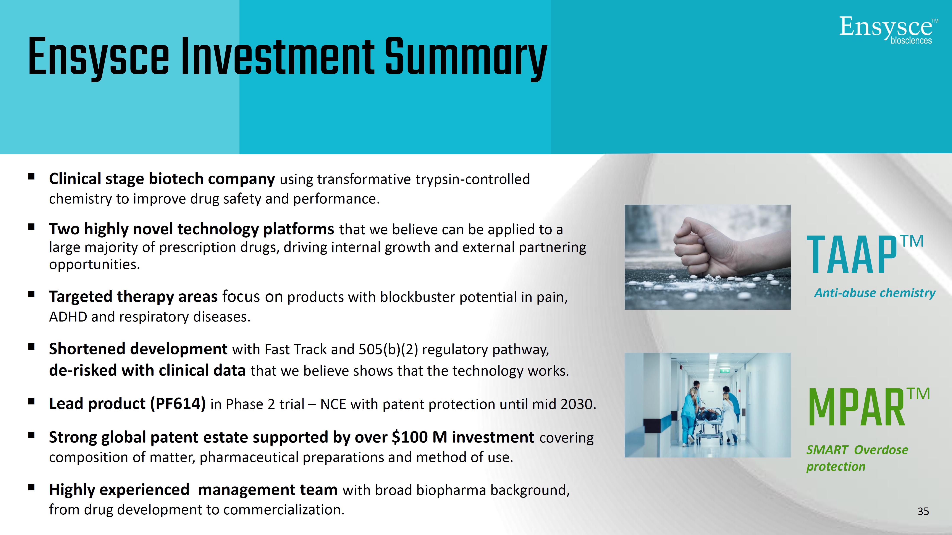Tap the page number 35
point(923,511)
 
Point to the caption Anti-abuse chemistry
point(875,293)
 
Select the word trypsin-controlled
point(473,179)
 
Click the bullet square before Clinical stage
point(31,177)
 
